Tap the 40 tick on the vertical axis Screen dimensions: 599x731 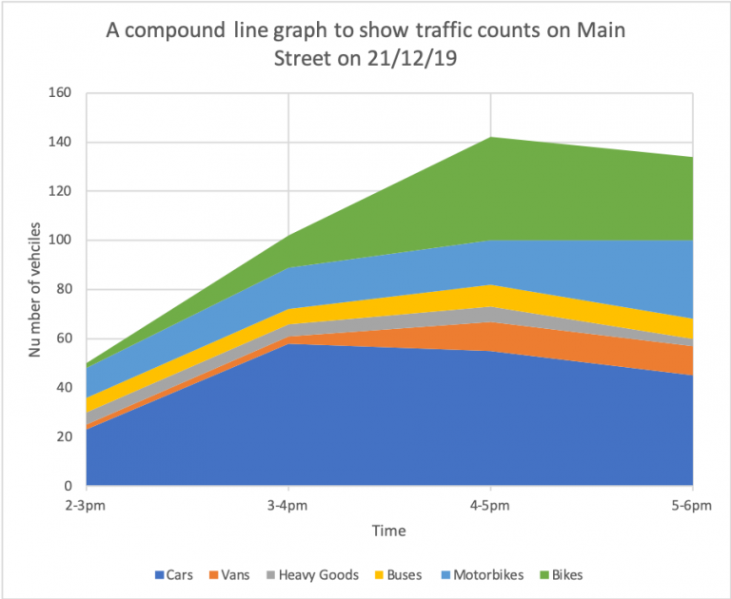(x=64, y=388)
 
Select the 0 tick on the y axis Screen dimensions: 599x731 (x=68, y=486)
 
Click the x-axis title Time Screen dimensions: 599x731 (x=389, y=531)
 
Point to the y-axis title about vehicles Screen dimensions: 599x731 (x=35, y=290)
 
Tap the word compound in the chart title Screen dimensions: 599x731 (x=180, y=30)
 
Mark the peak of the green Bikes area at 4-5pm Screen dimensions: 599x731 (x=490, y=138)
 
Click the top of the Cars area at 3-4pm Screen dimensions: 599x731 (x=288, y=344)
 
